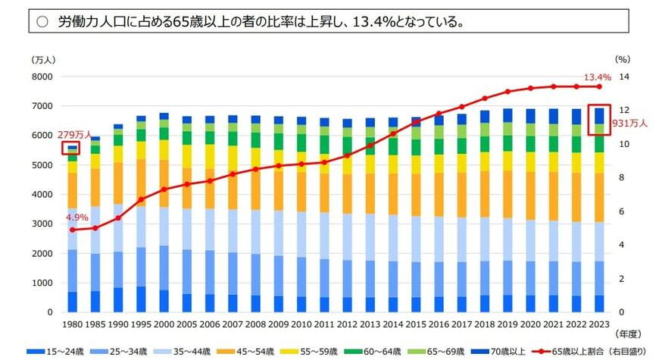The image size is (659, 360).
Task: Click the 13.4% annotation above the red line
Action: (x=596, y=77)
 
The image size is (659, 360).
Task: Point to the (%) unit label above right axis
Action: (x=623, y=58)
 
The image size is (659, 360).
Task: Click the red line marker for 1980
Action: (x=72, y=230)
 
